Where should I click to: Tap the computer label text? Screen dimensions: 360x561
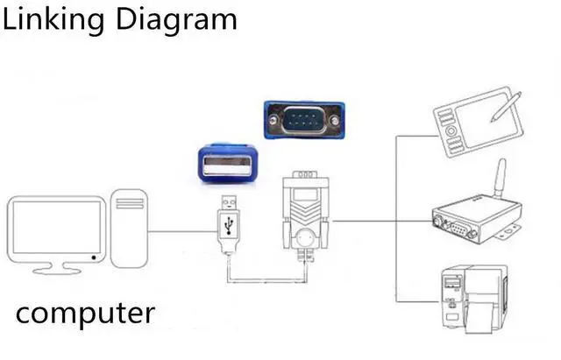coord(85,312)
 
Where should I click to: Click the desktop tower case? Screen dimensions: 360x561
coord(129,230)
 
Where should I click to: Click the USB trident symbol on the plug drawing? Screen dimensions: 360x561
coord(228,223)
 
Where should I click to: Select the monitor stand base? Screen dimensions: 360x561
coord(55,268)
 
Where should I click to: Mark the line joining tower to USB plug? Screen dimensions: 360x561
coord(181,231)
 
